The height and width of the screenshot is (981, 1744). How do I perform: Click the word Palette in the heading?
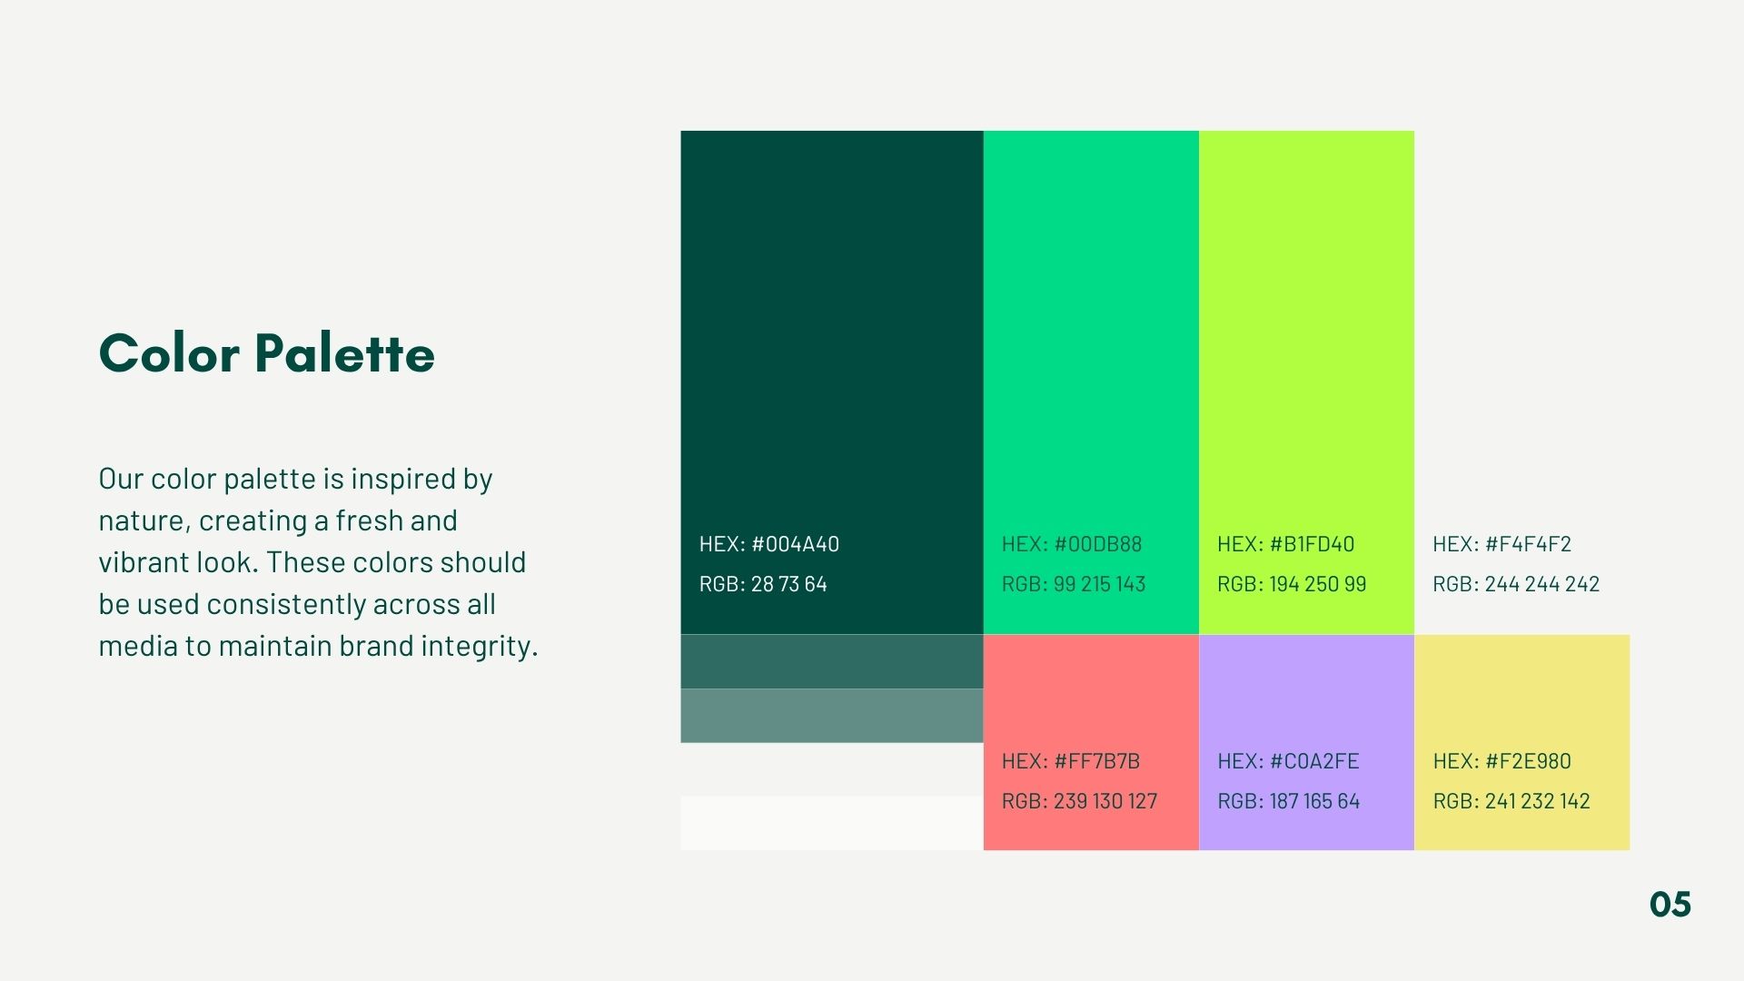click(x=344, y=352)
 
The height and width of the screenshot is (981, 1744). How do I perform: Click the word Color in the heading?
click(x=169, y=353)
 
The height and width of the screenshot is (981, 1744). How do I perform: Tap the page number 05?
click(x=1670, y=905)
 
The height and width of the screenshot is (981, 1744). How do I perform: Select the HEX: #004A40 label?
click(x=769, y=544)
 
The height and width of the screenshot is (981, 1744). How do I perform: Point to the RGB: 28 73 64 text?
click(x=763, y=584)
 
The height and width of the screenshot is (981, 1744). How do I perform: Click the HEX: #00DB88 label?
click(x=1072, y=544)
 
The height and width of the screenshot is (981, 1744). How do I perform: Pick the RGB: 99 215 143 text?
click(x=1074, y=584)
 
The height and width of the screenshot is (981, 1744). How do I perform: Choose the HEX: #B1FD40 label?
click(x=1285, y=544)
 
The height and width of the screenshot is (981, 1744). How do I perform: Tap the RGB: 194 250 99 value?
click(x=1292, y=584)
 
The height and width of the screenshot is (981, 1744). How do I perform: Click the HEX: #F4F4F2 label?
click(x=1501, y=544)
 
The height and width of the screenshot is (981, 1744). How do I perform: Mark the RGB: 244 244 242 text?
click(x=1516, y=584)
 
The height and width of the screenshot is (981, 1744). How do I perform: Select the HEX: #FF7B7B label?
click(x=1070, y=761)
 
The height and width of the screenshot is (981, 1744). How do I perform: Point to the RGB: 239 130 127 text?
click(x=1079, y=801)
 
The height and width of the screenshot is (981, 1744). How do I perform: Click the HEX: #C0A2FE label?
click(x=1288, y=761)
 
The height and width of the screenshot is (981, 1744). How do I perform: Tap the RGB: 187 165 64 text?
click(x=1288, y=801)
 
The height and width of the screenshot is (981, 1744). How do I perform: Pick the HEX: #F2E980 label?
click(x=1501, y=761)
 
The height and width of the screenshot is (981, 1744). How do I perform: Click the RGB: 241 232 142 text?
click(x=1511, y=801)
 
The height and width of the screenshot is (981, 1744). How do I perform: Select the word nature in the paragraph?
click(x=144, y=522)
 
